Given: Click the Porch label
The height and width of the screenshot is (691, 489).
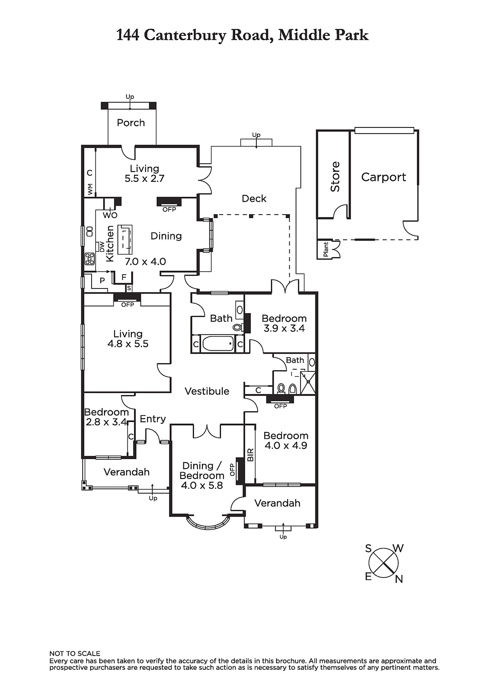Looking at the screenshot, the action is coord(131,123).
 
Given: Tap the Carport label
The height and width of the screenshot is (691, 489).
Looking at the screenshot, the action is coord(384,177).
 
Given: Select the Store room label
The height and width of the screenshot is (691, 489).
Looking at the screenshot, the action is coord(335,177).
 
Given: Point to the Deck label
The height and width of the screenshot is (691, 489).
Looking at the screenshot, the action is coord(254,198).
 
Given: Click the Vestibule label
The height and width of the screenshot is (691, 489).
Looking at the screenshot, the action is coord(207,391).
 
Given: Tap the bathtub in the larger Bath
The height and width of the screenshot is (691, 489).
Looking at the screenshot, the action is coord(218,344).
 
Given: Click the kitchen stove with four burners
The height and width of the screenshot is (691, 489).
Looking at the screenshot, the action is coord(90,259).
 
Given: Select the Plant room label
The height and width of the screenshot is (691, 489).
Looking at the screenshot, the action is coord(326,249).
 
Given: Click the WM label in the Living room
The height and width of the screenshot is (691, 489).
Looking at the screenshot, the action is coord(90,190).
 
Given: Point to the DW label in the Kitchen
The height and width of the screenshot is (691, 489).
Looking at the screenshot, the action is coord(102,247).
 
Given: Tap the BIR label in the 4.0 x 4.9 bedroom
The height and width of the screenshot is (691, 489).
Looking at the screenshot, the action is coord(250,455).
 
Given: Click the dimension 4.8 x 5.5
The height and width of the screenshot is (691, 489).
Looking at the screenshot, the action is coord(128,344).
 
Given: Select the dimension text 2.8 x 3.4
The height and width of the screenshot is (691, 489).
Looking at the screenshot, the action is coord(106,422).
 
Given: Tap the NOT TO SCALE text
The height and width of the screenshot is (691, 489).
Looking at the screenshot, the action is coord(75,654).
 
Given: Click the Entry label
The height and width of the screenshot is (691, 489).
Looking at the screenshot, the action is coord(153,419).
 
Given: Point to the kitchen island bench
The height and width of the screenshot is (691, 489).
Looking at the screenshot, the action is coord(127,237).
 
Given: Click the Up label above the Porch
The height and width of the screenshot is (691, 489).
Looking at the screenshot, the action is coord(130,97).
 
